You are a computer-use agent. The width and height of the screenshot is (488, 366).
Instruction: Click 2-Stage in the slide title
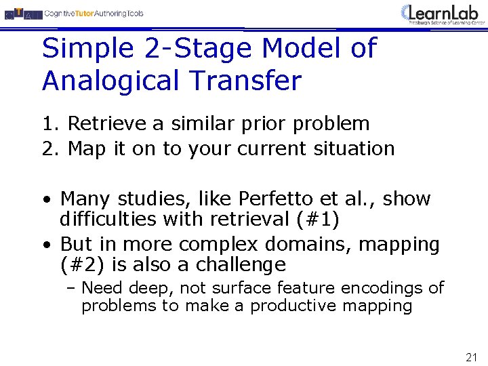(180, 49)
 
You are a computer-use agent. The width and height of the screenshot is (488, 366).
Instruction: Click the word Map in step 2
(87, 148)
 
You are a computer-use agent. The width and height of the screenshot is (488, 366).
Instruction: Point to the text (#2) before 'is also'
(83, 264)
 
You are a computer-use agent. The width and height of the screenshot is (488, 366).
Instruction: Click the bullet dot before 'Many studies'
(45, 201)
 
